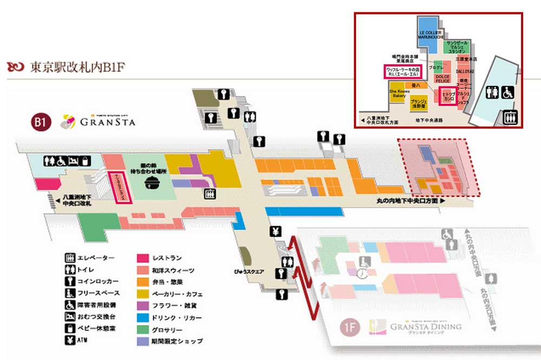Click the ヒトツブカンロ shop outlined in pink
point(449,97)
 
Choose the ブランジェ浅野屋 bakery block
point(419,103)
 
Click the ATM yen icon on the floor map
point(276,233)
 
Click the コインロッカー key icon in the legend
point(70,281)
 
